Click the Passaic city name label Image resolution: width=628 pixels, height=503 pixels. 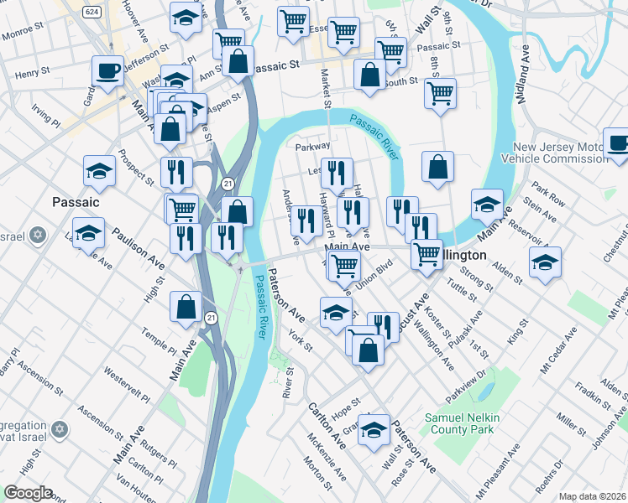(x=76, y=202)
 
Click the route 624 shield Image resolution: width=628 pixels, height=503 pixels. (x=93, y=12)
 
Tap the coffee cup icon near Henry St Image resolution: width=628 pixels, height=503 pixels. (x=107, y=73)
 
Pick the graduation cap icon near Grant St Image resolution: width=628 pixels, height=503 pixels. (x=374, y=428)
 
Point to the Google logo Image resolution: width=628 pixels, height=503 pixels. (x=29, y=493)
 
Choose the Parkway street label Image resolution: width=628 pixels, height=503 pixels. (x=312, y=147)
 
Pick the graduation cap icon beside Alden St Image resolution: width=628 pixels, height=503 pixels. (x=545, y=263)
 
